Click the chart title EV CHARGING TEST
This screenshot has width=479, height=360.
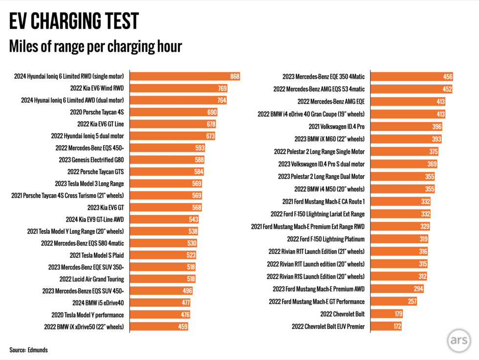point(74,21)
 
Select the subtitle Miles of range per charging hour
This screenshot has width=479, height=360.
point(95,46)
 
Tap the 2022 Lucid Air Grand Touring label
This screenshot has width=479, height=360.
point(91,279)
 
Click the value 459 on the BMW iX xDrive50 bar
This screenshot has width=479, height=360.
point(182,326)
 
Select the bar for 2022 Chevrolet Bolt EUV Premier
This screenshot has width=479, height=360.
point(386,326)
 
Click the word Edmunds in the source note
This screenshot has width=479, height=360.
point(38,350)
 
